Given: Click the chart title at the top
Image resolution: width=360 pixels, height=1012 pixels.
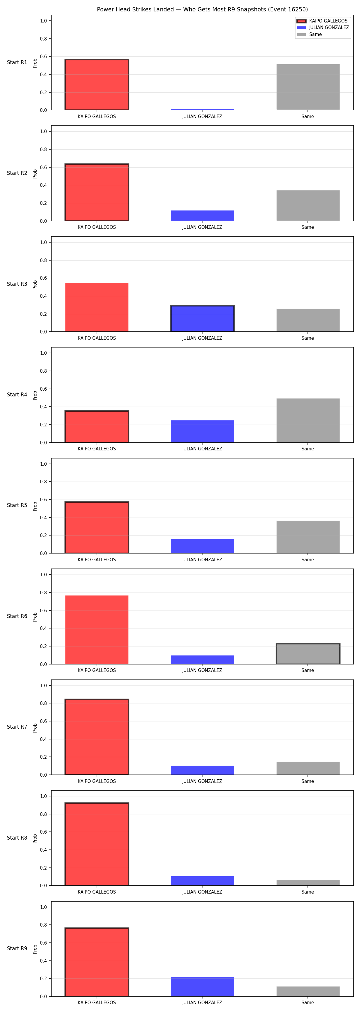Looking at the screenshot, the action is pyautogui.click(x=202, y=9).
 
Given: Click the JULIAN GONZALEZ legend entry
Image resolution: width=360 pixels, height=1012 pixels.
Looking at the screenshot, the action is pyautogui.click(x=323, y=28).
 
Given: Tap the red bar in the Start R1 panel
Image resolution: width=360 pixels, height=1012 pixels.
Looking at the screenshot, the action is pyautogui.click(x=97, y=85).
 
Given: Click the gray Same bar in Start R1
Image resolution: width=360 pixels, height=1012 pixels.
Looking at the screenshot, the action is pyautogui.click(x=308, y=87).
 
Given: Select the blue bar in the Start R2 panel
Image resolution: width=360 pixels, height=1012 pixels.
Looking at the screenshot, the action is pyautogui.click(x=202, y=216).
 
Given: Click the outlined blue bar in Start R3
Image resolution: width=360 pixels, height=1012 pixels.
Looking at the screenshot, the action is pyautogui.click(x=202, y=319).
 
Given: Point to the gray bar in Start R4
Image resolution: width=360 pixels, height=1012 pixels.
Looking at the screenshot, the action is pyautogui.click(x=308, y=420).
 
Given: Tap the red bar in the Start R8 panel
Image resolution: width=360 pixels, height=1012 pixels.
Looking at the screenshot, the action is pyautogui.click(x=97, y=844).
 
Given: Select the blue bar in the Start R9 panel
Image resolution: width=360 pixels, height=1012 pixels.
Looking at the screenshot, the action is pyautogui.click(x=202, y=987).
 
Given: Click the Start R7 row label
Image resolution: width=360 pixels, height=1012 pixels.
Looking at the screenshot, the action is pyautogui.click(x=17, y=727).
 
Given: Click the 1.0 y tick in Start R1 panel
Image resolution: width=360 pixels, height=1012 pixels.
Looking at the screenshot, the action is pyautogui.click(x=43, y=21).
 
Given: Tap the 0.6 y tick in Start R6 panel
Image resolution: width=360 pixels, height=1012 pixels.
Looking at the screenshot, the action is pyautogui.click(x=43, y=610).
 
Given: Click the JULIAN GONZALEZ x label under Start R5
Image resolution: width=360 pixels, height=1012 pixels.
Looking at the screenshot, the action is pyautogui.click(x=202, y=560).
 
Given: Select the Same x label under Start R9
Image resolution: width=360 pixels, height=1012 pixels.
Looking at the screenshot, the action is pyautogui.click(x=308, y=1003).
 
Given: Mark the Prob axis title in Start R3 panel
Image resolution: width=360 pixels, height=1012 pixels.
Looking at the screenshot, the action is pyautogui.click(x=35, y=285).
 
